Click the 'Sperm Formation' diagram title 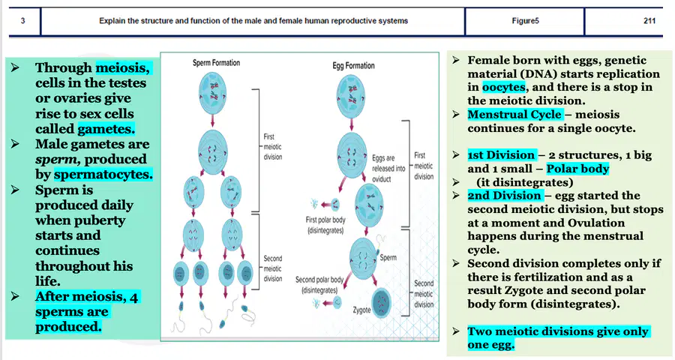(216, 63)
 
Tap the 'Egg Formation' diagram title (353, 65)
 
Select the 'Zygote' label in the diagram (361, 310)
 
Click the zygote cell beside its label (382, 303)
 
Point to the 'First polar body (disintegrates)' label (325, 225)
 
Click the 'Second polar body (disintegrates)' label (319, 285)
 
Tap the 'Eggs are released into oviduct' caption (388, 168)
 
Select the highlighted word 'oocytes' (504, 87)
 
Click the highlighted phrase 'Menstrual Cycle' (514, 115)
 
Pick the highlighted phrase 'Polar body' (577, 168)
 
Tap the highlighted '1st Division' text (501, 155)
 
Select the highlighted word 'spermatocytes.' (103, 175)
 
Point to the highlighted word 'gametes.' (106, 129)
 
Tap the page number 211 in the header (649, 21)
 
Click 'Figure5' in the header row (525, 21)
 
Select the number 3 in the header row (22, 21)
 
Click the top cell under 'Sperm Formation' (213, 91)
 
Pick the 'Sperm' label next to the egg (388, 257)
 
